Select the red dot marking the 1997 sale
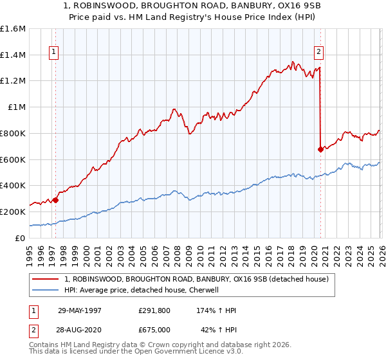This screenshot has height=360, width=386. click(56, 199)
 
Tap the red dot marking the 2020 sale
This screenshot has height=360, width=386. click(320, 149)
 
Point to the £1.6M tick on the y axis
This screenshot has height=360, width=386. click(13, 29)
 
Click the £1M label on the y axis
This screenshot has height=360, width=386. click(17, 107)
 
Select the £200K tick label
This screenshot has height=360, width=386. click(13, 212)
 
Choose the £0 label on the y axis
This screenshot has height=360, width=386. click(21, 238)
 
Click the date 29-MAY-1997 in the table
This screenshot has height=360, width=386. click(80, 310)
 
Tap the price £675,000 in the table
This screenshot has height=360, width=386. click(154, 330)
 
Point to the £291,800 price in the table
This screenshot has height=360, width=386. click(154, 310)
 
